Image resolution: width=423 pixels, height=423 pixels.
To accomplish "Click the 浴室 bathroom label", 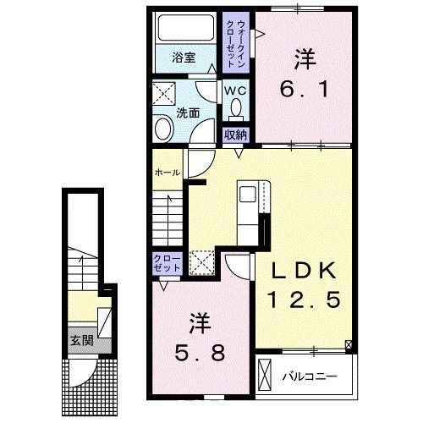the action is click(184, 58).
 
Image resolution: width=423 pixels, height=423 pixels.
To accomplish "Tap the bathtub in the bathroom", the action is click(185, 28).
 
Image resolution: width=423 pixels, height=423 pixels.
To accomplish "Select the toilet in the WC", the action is click(236, 110).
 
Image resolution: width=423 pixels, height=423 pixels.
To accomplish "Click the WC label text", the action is click(235, 91).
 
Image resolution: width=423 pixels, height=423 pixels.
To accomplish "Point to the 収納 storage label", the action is click(235, 135).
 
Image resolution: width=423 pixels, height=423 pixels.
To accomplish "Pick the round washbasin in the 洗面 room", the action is click(163, 129).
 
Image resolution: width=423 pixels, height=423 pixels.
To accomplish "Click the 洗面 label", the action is click(188, 113).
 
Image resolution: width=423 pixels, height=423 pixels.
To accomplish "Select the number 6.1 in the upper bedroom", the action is click(305, 89).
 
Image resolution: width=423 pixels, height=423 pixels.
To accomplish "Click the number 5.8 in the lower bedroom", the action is click(200, 353).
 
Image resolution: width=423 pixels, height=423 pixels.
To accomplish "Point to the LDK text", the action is click(305, 271).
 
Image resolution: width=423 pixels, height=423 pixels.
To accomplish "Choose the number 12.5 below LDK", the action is click(305, 299).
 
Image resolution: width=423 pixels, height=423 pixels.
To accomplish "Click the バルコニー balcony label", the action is click(310, 376).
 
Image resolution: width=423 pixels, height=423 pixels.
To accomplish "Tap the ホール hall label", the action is click(168, 173).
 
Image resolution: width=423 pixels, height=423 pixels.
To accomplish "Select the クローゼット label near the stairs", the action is click(167, 263).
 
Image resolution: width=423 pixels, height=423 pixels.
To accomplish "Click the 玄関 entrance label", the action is click(81, 340).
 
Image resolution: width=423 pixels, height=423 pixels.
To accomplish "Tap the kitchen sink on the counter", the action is click(247, 195).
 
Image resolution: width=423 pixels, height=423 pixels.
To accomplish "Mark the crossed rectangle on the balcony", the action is click(265, 375).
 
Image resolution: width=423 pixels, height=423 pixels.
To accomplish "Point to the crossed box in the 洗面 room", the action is click(164, 94).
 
